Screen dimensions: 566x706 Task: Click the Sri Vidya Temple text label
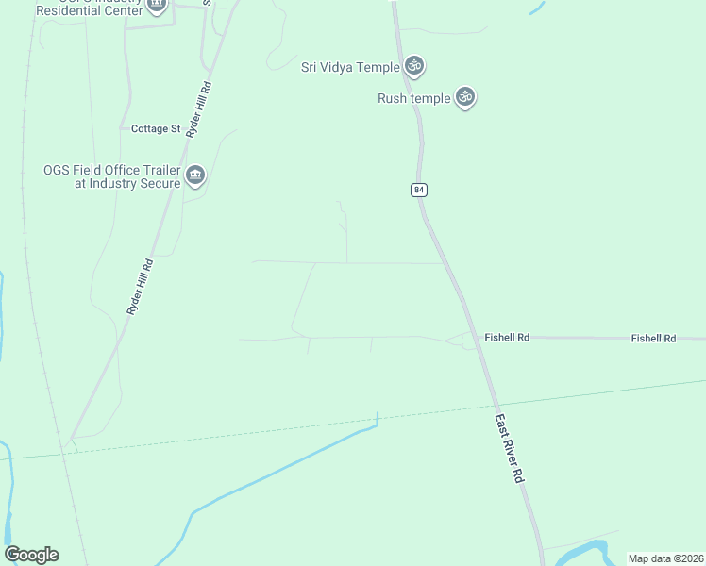pyautogui.click(x=350, y=66)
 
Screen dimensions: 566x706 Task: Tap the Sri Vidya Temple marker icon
pyautogui.click(x=413, y=66)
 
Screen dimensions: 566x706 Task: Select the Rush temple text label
pyautogui.click(x=413, y=98)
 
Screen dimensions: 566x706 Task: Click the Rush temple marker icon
pyautogui.click(x=463, y=96)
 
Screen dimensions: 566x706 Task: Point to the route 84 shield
pyautogui.click(x=419, y=190)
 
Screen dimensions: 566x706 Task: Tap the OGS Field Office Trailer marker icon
pyautogui.click(x=195, y=175)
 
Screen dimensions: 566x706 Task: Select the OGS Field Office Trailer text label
pyautogui.click(x=112, y=176)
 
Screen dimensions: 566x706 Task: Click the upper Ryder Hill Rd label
pyautogui.click(x=198, y=110)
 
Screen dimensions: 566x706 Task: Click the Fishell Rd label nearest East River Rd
pyautogui.click(x=507, y=337)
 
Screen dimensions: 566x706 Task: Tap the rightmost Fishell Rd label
pyautogui.click(x=653, y=338)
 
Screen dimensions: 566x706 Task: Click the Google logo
pyautogui.click(x=31, y=555)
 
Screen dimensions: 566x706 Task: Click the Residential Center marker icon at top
pyautogui.click(x=157, y=5)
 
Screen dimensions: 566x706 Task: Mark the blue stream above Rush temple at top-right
pyautogui.click(x=537, y=8)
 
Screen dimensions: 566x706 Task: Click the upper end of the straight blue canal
pyautogui.click(x=378, y=415)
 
